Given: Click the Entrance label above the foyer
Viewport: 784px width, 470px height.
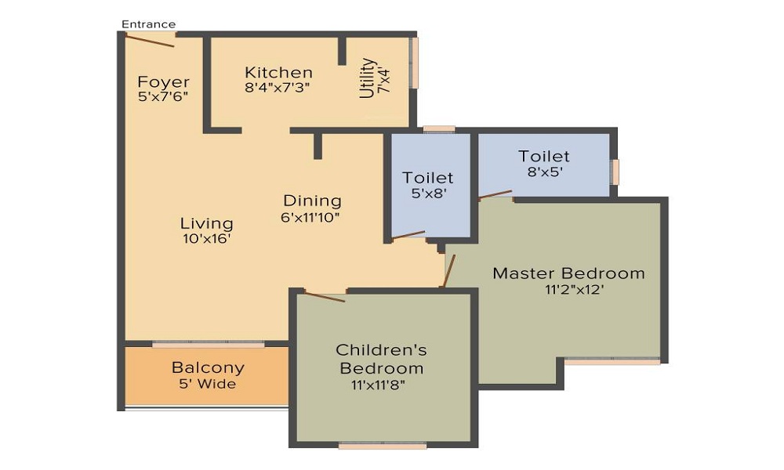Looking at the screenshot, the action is [148, 24].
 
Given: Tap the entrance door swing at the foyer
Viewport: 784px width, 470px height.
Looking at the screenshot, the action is [150, 40].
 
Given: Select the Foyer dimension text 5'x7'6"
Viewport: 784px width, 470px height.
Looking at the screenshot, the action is [163, 96].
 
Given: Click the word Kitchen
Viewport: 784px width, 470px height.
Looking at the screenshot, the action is [278, 72].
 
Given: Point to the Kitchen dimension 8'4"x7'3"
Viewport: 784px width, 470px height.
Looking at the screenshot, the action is [278, 88].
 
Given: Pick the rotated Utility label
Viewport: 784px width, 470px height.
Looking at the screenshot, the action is [367, 78].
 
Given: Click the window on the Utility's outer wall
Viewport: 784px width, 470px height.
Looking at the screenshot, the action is [413, 63].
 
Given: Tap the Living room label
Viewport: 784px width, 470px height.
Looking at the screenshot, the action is [206, 223].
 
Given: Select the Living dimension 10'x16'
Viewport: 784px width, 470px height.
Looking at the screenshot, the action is [206, 239].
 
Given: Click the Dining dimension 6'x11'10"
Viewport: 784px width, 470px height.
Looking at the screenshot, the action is [310, 217].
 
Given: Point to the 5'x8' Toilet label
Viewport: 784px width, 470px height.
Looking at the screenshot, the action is [428, 178].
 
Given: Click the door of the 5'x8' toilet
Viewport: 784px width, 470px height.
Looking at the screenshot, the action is [408, 235].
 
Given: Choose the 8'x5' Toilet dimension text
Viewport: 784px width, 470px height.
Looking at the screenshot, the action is [545, 172].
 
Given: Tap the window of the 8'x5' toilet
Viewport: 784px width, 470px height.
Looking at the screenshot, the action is [615, 172].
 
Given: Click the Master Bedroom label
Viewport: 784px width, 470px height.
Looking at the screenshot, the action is [568, 273].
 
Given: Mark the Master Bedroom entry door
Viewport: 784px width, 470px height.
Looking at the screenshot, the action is [448, 271].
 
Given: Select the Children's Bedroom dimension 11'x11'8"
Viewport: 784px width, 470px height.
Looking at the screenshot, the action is [378, 385].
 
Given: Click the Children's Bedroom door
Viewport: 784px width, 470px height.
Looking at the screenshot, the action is [325, 297].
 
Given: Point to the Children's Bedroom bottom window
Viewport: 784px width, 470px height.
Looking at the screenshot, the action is [383, 446].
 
